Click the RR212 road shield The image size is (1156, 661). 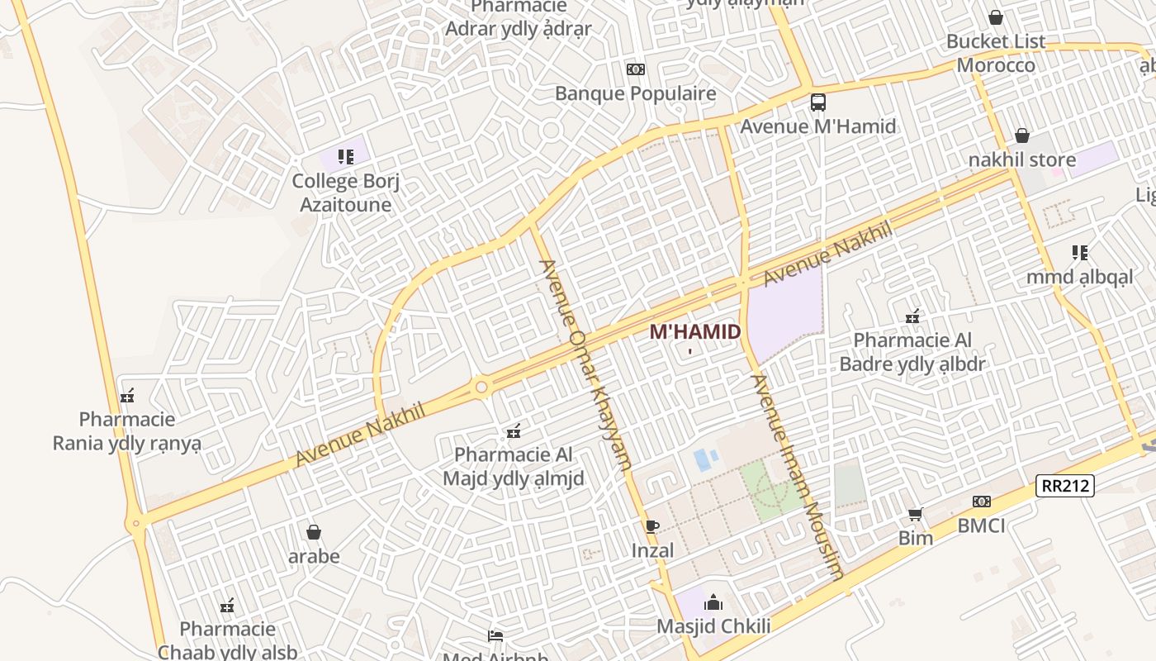point(1065,486)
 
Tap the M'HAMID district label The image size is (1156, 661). point(694,332)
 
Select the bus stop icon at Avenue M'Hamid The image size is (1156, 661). point(817,103)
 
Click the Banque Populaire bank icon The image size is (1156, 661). point(635,69)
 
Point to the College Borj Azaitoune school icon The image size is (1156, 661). point(345,156)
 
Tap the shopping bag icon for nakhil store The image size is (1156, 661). point(1021,136)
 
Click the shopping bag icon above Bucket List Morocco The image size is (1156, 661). point(995,17)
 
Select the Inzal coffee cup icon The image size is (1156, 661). point(652,526)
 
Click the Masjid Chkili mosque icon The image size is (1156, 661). point(713,602)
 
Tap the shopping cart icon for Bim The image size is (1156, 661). point(915,515)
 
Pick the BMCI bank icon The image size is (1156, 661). point(981,502)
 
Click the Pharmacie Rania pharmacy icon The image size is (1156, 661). point(127,397)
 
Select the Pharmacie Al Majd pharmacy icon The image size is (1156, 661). point(514,430)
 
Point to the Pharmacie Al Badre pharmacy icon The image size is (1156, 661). point(912,316)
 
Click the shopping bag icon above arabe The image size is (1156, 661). point(313,532)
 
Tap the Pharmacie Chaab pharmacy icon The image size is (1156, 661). point(227,606)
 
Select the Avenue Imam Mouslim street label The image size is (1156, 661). point(798,477)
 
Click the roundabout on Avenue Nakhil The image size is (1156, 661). point(481,386)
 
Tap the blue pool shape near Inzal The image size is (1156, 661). point(702,459)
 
